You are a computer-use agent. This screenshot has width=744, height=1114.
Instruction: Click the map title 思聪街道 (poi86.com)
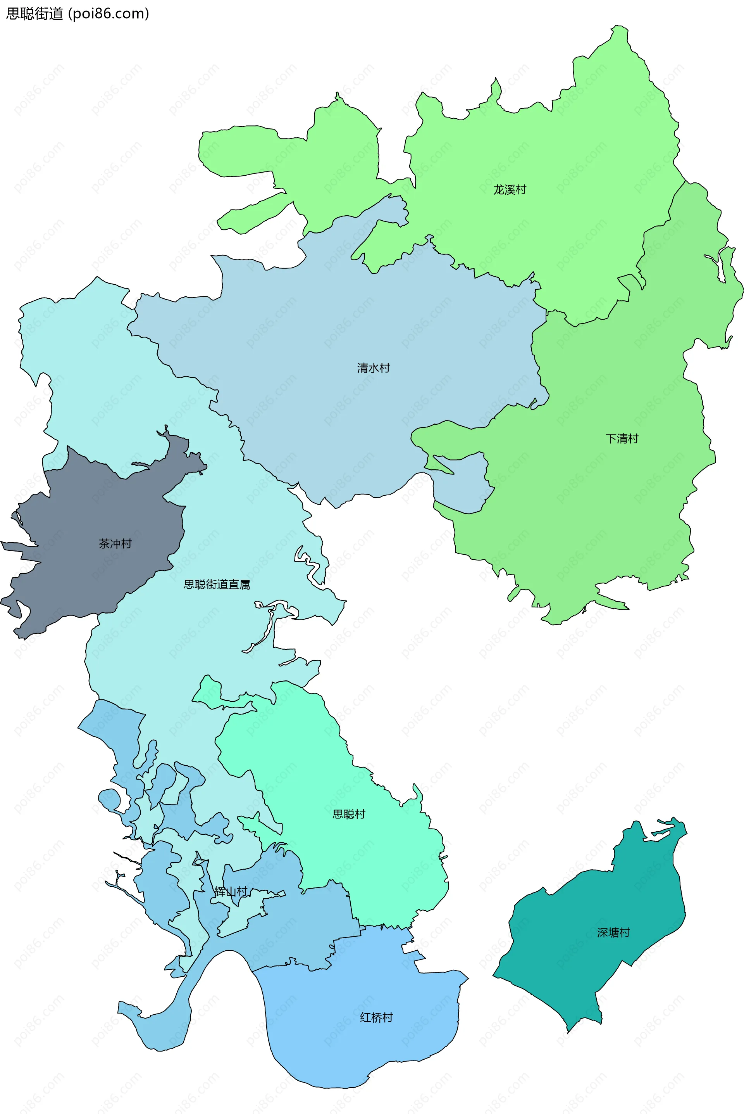tap(77, 13)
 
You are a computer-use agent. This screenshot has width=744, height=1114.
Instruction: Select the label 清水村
tap(374, 368)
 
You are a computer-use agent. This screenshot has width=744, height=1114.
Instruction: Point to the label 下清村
tap(622, 439)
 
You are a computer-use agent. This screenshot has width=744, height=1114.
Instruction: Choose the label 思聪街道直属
tap(217, 585)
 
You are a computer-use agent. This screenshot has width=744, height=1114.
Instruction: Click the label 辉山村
tap(231, 892)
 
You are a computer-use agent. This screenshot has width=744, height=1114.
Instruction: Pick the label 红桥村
tap(376, 1017)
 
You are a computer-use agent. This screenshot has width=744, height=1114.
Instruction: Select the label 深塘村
tap(613, 932)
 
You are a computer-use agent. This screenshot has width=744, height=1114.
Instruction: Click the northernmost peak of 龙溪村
tap(619, 27)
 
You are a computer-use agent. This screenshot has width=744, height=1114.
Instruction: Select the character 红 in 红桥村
tap(365, 1017)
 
